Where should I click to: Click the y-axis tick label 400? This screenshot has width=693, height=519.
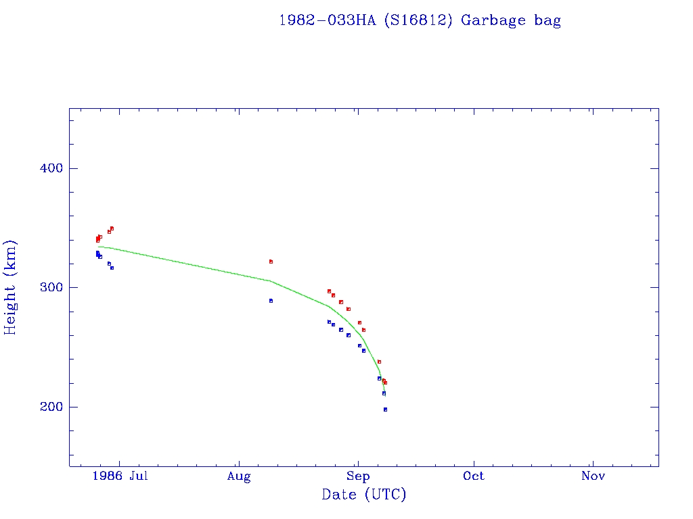(x=48, y=168)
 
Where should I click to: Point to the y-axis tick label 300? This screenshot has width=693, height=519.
(x=48, y=288)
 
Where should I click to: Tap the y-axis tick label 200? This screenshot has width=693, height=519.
(x=48, y=407)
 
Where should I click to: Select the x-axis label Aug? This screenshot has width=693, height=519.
(x=239, y=476)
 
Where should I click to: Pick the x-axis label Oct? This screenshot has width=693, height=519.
(x=474, y=476)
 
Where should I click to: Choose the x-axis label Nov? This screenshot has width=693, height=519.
(x=593, y=476)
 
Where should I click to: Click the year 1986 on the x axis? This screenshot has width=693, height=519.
(x=107, y=476)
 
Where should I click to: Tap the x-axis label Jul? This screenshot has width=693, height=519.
(x=138, y=476)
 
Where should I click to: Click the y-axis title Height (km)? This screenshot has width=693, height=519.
(x=10, y=287)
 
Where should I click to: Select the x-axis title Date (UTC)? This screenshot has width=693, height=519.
(x=364, y=495)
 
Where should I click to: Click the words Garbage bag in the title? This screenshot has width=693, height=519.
(x=511, y=21)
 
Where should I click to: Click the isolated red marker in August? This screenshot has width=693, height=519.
(x=271, y=262)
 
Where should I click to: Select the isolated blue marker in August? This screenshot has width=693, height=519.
(x=271, y=301)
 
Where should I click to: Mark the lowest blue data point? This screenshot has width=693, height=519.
(x=385, y=410)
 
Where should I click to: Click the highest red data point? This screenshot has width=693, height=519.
(x=112, y=228)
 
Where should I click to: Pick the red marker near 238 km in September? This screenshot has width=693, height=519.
(x=379, y=362)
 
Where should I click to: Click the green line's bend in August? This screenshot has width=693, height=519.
(x=270, y=280)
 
